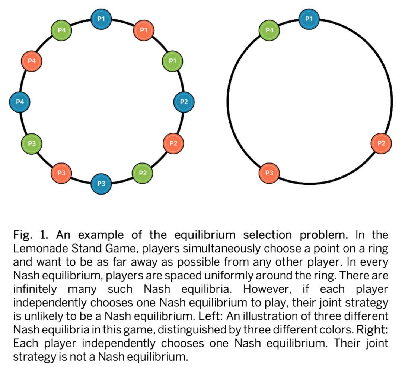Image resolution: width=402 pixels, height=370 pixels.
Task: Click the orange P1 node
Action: point(143,29)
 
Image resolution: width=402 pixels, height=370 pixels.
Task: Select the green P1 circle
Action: point(172,60)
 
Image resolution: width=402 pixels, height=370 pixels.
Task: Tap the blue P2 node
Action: point(184,101)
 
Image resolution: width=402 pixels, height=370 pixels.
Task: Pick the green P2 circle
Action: point(143,173)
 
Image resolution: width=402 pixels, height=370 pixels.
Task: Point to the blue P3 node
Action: point(101,184)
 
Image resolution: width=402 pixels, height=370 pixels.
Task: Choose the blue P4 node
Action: point(20,101)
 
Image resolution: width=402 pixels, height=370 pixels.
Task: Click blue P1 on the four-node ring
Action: point(309,18)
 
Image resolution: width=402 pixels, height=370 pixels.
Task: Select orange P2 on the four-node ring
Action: point(381,143)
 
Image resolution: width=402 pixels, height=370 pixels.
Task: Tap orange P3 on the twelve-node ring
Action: point(61,173)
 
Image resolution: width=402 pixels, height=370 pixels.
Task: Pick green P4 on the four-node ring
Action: point(269,30)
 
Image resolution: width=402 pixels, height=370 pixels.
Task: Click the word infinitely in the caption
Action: point(35,289)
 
